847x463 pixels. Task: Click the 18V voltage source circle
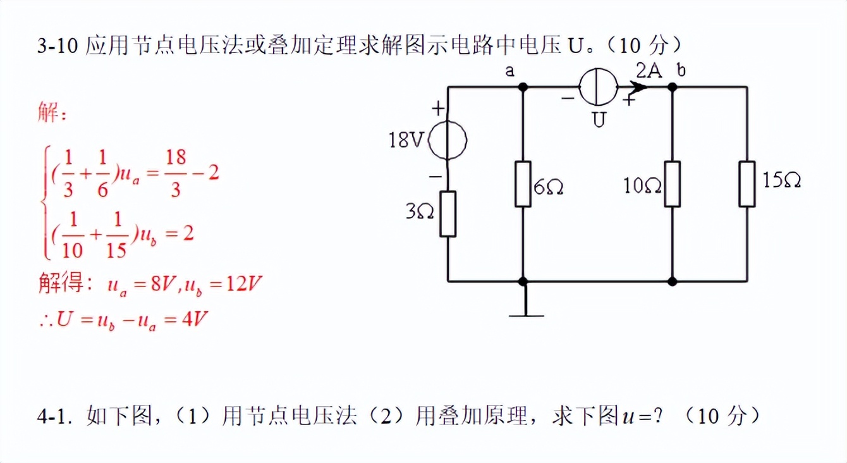(x=448, y=140)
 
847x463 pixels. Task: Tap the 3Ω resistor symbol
(x=448, y=214)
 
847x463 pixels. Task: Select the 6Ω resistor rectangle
(x=523, y=184)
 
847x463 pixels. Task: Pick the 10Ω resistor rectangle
(x=672, y=184)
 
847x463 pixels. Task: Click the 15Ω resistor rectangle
(x=747, y=184)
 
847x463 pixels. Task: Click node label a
(x=510, y=70)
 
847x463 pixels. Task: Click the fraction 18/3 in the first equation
(x=176, y=173)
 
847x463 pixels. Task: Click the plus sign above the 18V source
(x=438, y=109)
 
